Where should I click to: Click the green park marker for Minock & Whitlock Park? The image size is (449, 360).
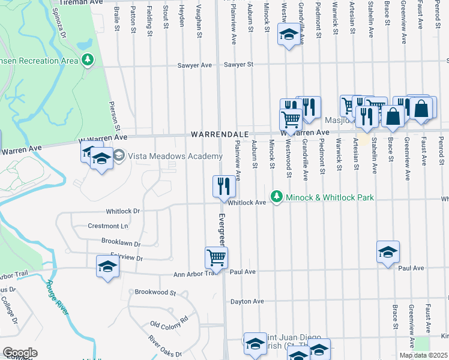click(276, 196)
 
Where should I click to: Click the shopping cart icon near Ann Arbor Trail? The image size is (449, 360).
click(216, 257)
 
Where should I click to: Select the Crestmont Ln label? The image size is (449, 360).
click(109, 226)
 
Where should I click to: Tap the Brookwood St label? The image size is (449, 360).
click(155, 293)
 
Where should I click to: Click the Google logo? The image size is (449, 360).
click(20, 353)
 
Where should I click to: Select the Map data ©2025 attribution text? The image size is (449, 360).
click(423, 355)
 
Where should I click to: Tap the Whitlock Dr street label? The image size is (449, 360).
click(122, 211)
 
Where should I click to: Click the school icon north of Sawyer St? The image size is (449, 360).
click(289, 35)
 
